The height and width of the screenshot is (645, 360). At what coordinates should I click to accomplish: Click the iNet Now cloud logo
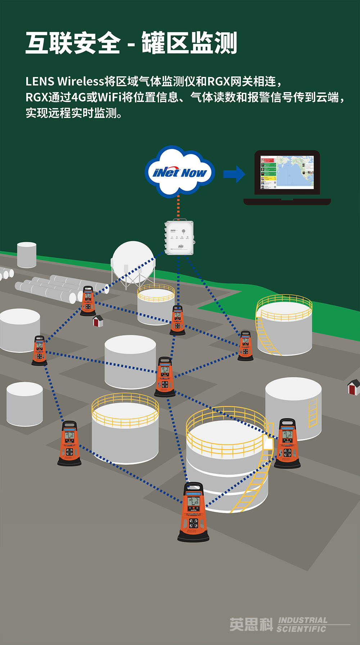point(180,172)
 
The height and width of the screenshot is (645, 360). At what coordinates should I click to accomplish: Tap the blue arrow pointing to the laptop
point(234,174)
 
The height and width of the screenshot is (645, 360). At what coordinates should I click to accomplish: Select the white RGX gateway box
point(179,238)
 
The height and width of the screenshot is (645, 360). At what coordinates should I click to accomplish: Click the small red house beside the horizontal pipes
point(98,320)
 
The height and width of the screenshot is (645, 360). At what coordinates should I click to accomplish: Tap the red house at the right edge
point(354,387)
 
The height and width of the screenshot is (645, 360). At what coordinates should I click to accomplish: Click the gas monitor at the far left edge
point(39,351)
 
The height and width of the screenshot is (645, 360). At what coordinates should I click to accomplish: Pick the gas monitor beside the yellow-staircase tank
point(246,346)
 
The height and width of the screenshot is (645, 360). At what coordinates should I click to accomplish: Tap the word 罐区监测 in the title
point(189,43)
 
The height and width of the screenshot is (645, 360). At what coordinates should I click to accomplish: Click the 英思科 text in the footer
point(251,624)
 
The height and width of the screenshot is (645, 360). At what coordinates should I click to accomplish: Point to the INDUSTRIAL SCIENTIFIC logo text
point(302,624)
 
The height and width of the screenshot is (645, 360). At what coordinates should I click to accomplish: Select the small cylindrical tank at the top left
point(27,254)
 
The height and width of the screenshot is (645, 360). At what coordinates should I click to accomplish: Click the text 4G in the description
point(78,97)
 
